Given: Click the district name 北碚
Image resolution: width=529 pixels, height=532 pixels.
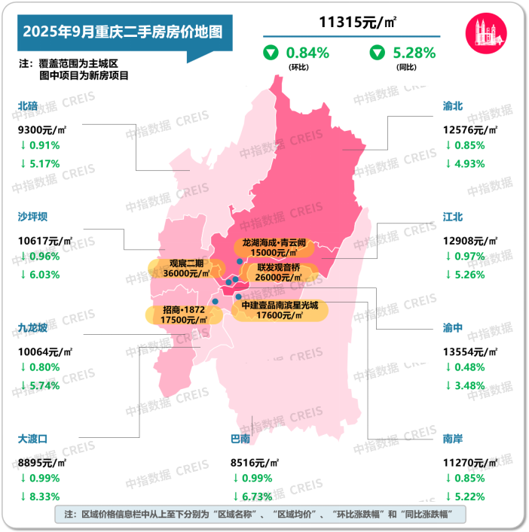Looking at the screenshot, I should [x=27, y=107].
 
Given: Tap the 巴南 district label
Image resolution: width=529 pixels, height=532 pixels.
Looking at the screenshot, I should [x=240, y=437].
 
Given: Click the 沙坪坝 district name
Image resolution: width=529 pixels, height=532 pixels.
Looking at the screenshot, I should [x=32, y=217].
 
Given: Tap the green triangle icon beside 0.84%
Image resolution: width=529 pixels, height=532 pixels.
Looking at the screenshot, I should [x=270, y=53].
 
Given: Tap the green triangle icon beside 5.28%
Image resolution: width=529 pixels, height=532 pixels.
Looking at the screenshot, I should [x=376, y=53].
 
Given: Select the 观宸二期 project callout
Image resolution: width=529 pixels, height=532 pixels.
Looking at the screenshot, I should [x=186, y=268].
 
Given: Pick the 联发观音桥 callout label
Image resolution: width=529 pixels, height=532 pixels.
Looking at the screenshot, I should [x=279, y=272].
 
